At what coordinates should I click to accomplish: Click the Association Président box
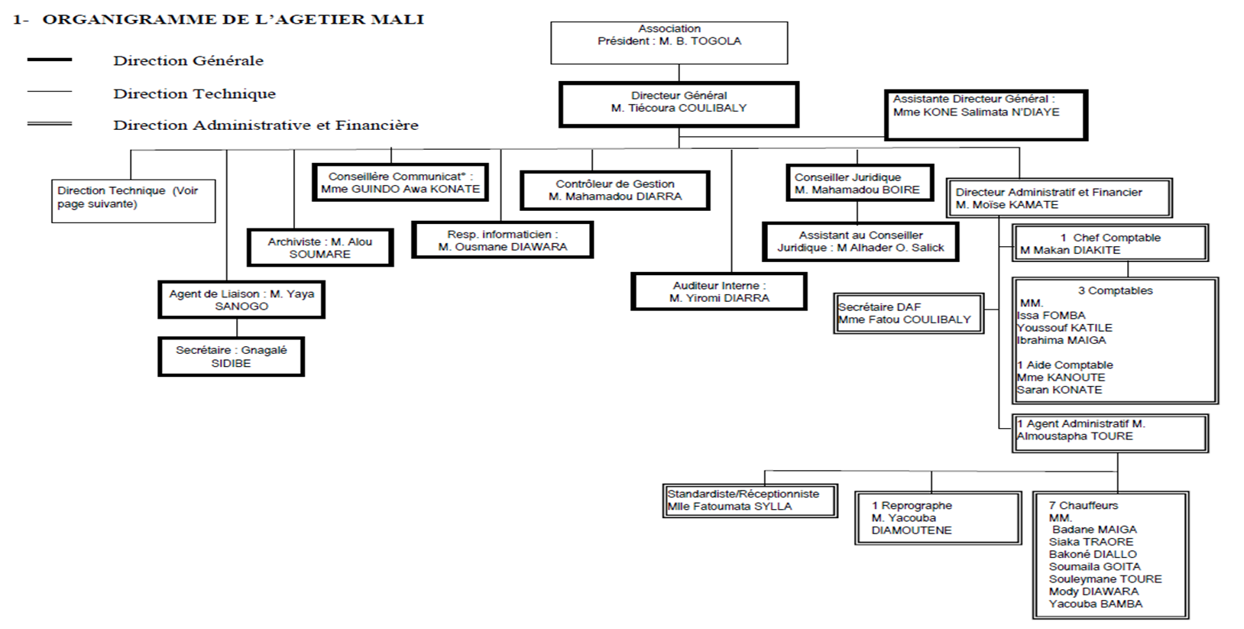[x=669, y=43]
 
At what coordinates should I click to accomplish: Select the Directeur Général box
[x=679, y=105]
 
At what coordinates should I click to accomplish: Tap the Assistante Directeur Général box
[x=986, y=115]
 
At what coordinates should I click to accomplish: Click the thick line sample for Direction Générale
[x=50, y=60]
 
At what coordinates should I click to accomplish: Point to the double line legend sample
[x=50, y=124]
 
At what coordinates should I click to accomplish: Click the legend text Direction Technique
[x=194, y=93]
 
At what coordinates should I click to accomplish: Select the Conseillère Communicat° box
[x=400, y=182]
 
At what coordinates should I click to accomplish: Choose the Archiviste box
[x=320, y=248]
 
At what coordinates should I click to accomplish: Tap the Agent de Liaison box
[x=241, y=300]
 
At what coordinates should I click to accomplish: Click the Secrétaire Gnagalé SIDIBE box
[x=231, y=356]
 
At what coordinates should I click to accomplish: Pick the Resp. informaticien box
[x=503, y=240]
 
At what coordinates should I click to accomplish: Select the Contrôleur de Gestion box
[x=615, y=190]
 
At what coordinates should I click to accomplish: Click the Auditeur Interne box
[x=718, y=291]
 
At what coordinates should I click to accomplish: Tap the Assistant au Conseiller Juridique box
[x=860, y=242]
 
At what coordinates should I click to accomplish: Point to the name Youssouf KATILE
[x=1064, y=328]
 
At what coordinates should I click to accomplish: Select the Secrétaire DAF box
[x=909, y=313]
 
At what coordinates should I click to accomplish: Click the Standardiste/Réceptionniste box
[x=750, y=500]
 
